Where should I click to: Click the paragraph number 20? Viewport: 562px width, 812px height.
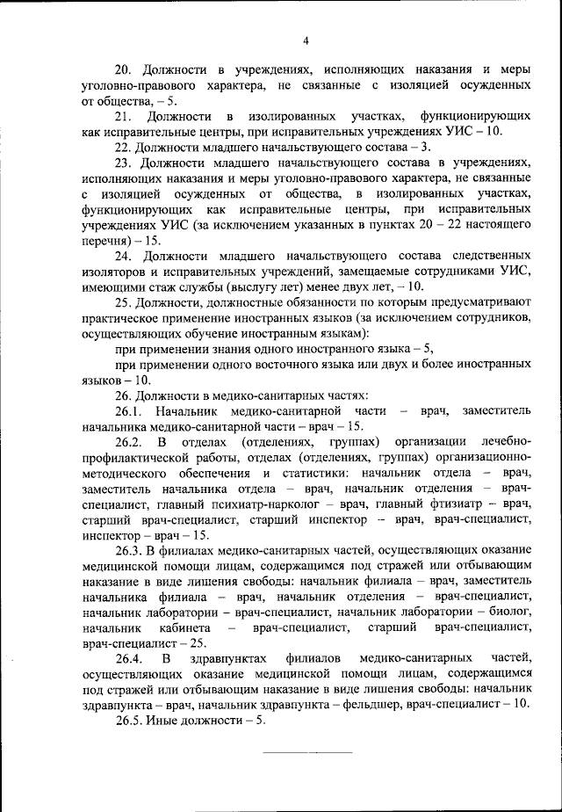click(123, 69)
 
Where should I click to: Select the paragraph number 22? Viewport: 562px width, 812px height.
click(123, 147)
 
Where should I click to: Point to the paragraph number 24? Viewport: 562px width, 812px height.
click(123, 256)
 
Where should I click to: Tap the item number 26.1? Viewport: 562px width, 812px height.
click(128, 411)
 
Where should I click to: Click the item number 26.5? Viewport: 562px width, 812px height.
click(128, 721)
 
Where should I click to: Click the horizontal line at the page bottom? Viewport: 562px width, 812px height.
click(307, 753)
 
